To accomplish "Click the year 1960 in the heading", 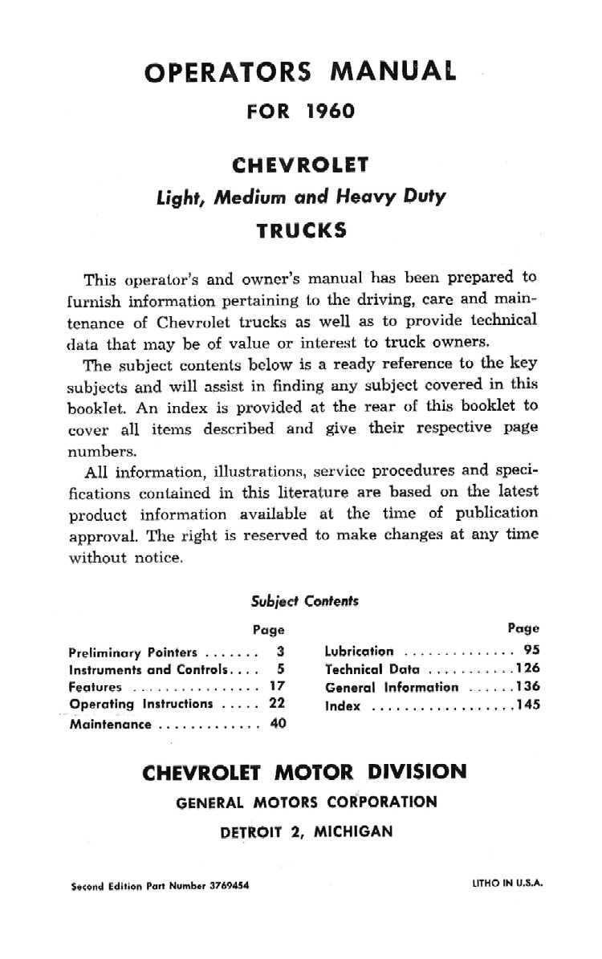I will point(330,111).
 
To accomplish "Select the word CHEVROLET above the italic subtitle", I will point(300,165).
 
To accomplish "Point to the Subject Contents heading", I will point(304,599).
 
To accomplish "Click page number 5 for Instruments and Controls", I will point(281,668).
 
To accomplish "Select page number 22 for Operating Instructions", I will point(276,704).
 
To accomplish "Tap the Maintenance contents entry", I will point(110,723).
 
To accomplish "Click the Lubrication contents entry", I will point(360,651).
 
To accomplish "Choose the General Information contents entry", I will point(392,687).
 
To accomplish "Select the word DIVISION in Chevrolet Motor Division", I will point(413,772).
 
